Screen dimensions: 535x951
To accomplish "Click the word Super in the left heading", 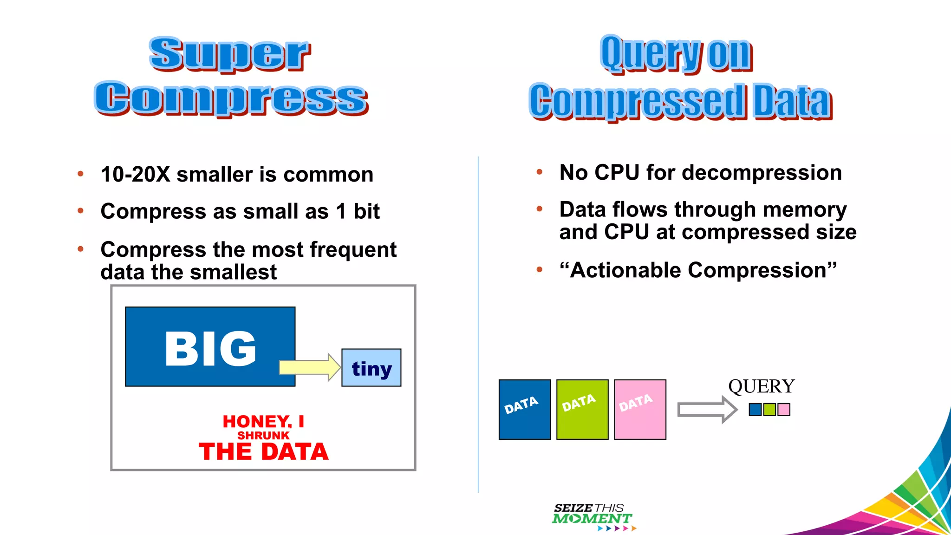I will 229,54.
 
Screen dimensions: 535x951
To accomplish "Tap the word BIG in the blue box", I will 210,348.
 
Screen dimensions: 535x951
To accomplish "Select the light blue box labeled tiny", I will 371,368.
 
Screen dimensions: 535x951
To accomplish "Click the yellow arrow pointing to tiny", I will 309,367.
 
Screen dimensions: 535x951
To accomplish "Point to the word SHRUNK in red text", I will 263,436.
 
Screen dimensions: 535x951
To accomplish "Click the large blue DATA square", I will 525,410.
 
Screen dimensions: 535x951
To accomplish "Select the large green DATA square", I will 582,410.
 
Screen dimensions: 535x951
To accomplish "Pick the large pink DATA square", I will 640,410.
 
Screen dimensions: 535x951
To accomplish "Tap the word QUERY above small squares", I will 761,386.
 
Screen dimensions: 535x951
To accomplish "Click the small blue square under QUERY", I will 755,410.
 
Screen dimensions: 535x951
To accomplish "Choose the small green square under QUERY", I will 769,410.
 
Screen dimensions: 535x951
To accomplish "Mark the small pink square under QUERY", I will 784,410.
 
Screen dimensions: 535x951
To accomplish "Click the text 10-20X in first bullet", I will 136,175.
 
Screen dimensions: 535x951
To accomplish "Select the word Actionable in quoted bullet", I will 626,270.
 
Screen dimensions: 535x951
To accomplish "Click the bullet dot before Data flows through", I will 539,209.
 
